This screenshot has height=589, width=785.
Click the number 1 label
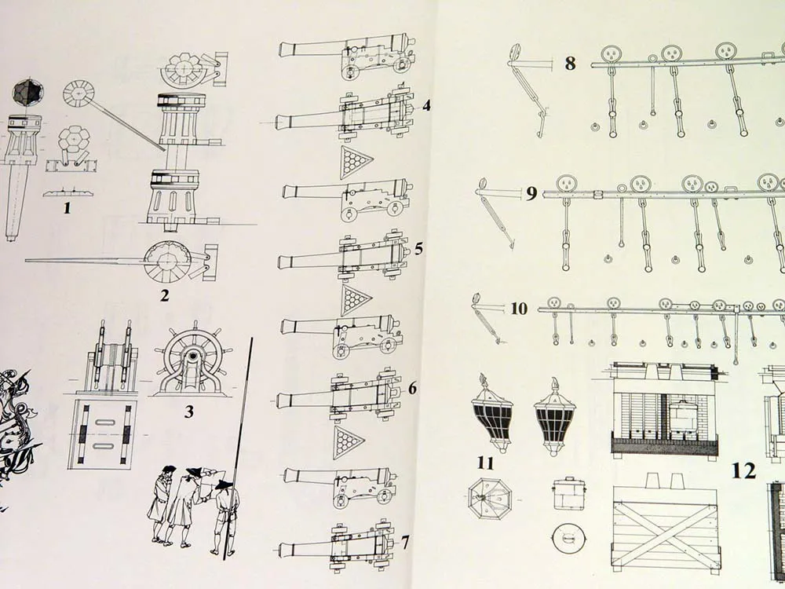pos(67,209)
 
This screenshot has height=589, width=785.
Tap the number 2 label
pos(165,295)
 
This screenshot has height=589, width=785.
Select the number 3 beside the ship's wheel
pos(189,411)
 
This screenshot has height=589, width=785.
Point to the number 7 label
pos(405,542)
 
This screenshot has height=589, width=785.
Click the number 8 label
pos(570,64)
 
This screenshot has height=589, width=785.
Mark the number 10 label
pos(519,309)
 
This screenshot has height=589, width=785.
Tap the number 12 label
pos(743,470)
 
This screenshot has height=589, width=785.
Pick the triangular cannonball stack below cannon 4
pos(356,162)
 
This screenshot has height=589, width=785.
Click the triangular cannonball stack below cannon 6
pos(348,442)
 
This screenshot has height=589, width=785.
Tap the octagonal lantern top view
pos(490,498)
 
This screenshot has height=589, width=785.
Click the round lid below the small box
pos(568,539)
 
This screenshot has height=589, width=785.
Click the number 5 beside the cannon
pos(418,249)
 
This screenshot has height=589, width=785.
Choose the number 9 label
pos(531,193)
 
